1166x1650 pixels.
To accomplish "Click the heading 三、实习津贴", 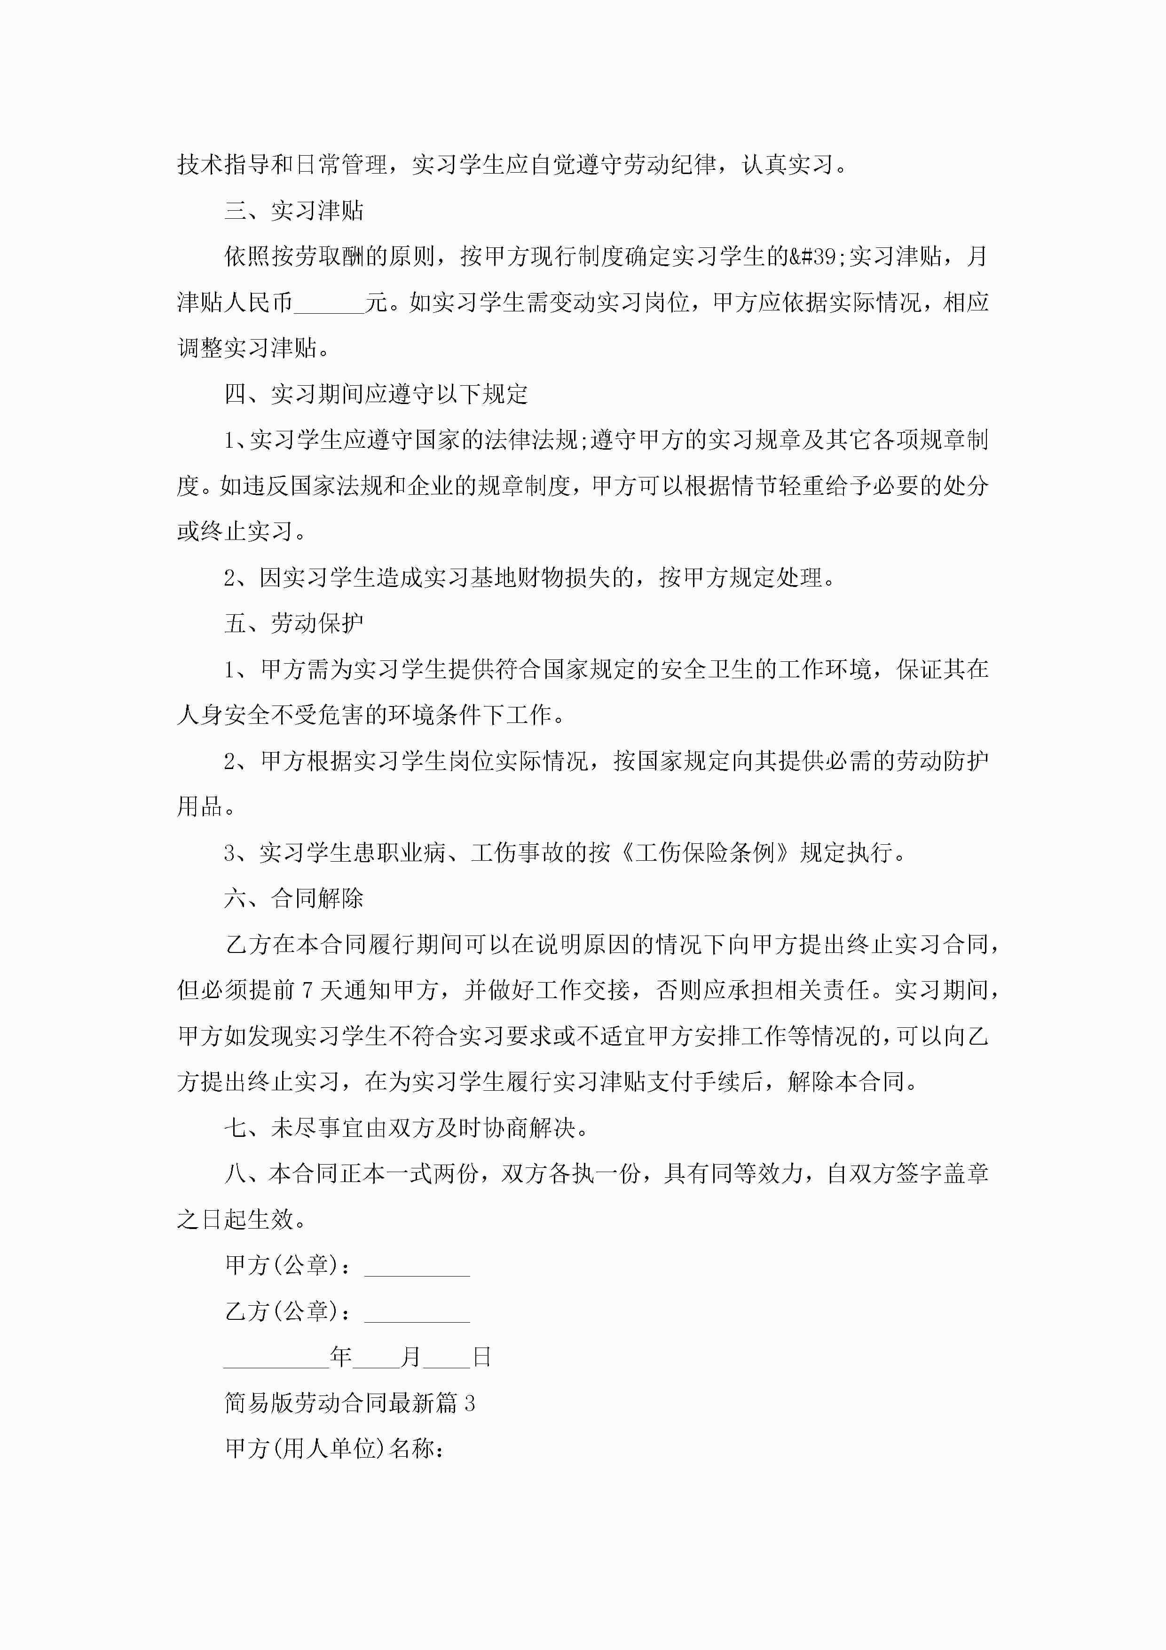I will (x=294, y=211).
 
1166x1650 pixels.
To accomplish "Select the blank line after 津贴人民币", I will (x=329, y=302).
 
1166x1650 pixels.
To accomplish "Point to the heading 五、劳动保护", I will (x=294, y=623).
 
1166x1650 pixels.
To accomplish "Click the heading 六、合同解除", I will (x=294, y=898).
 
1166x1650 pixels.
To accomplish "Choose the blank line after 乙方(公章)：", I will (x=417, y=1312).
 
